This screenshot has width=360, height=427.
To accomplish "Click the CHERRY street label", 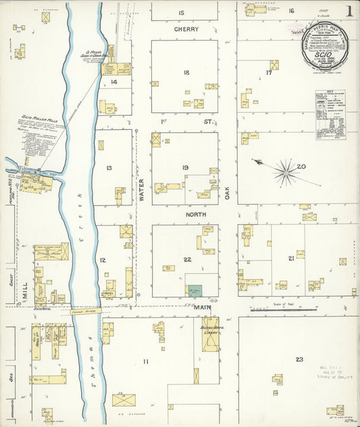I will (186, 30).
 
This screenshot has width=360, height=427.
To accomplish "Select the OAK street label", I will (228, 193).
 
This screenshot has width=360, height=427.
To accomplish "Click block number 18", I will (185, 72).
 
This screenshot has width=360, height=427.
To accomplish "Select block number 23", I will (299, 359).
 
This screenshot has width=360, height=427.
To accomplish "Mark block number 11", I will (145, 362).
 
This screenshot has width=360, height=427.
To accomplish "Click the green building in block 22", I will (195, 291).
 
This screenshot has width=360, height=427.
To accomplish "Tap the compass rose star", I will (286, 172).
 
